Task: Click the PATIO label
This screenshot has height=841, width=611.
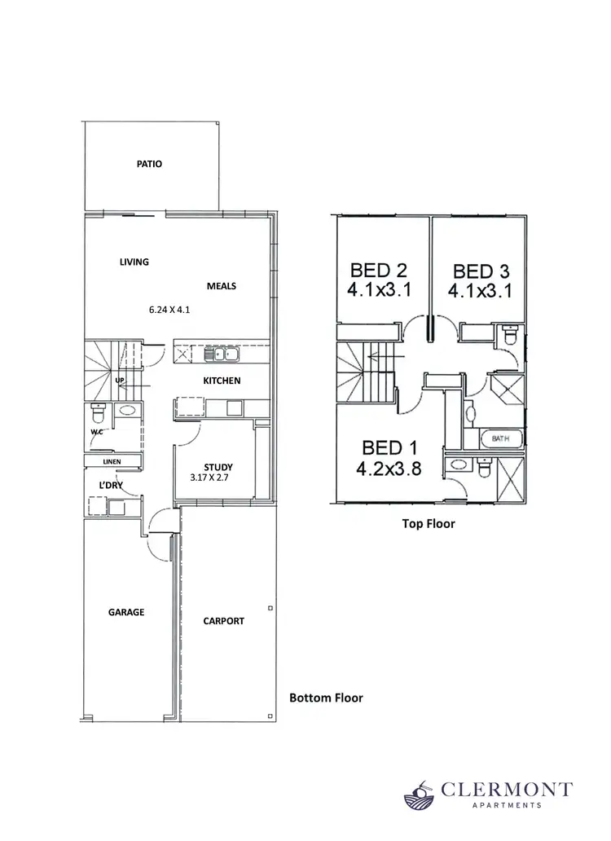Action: pos(149,164)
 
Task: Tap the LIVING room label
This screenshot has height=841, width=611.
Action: pos(134,262)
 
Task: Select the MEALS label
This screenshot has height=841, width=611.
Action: pos(221,286)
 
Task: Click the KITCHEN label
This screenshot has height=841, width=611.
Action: pos(222,381)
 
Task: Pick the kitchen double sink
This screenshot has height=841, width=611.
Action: pos(221,354)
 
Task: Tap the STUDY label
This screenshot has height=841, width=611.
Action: pos(218,467)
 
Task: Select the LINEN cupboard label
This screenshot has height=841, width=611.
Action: pos(112,461)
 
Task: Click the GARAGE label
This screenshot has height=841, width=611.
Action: pos(126,612)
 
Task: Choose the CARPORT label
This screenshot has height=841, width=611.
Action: pos(223,621)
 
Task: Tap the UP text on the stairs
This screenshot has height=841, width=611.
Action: pos(120,381)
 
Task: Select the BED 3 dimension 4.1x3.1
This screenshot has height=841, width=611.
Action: pos(480,291)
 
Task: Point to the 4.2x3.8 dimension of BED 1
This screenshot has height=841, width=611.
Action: pos(389,469)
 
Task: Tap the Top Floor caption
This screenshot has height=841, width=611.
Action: pos(429,524)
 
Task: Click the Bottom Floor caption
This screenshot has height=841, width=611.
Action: pos(326,698)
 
